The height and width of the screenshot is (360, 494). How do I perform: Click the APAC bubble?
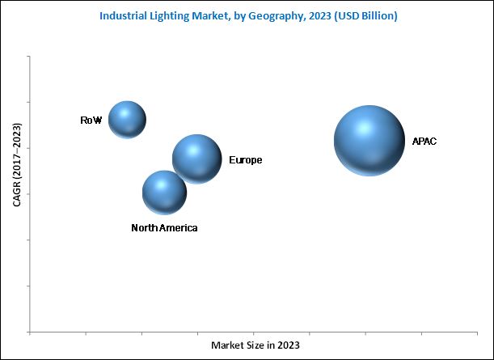pos(369,141)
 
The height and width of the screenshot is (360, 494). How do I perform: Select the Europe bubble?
pos(196,158)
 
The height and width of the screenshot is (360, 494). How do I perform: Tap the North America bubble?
pos(164,192)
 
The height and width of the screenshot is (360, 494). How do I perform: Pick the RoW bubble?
pos(127,120)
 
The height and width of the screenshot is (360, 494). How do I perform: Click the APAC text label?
pos(424,141)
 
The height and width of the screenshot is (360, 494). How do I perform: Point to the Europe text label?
pos(245,160)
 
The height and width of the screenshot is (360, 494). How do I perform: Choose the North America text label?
pos(164,228)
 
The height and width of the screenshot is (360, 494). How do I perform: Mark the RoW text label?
pos(91,121)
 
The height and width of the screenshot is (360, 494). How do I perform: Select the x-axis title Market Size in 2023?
pos(255,345)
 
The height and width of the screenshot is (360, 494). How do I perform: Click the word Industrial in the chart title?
pos(125,15)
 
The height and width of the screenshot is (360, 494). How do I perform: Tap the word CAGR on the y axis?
pos(17,193)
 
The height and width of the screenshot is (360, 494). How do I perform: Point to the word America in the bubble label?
pos(178,228)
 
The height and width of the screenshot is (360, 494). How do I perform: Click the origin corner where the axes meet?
pos(31,332)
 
